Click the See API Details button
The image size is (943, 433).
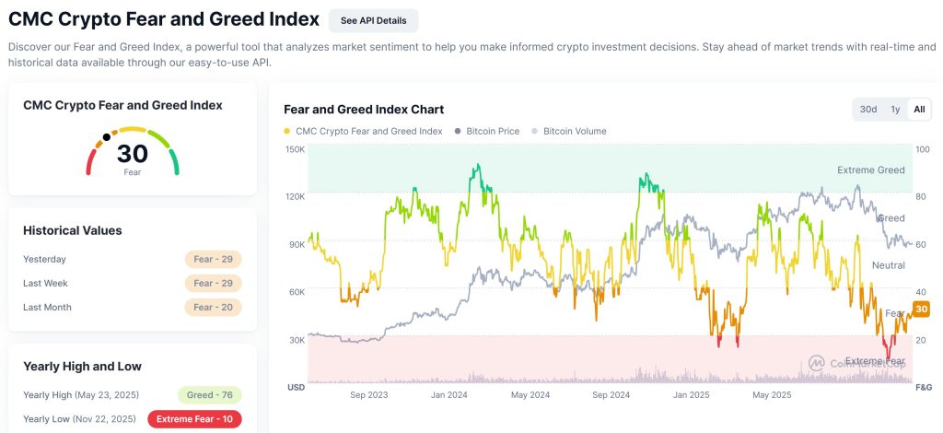373,20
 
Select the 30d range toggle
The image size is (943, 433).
868,110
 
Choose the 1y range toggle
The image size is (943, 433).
895,110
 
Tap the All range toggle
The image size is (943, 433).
918,110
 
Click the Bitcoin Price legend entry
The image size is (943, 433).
487,132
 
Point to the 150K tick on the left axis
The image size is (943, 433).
295,149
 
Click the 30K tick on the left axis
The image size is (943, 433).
297,340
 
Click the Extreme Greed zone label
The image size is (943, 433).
870,170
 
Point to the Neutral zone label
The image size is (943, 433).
888,265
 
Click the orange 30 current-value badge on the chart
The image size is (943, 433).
921,309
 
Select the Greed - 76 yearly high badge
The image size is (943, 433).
209,395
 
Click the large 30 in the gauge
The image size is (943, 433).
133,154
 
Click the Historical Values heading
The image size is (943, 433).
73,230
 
